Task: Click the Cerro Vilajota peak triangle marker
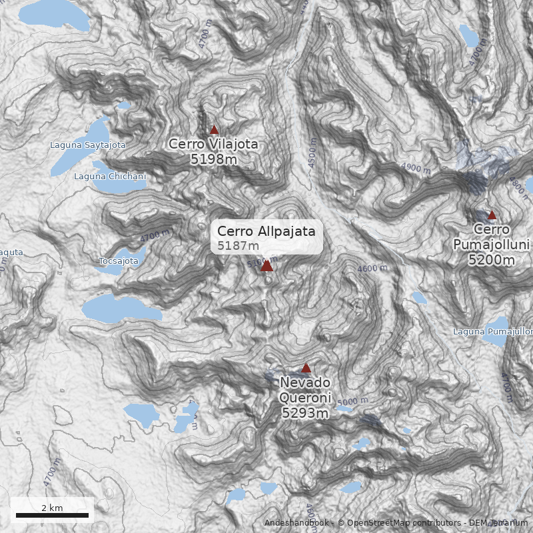pos(214,130)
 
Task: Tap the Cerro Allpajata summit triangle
pos(266,266)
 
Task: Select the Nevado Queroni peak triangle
pos(306,368)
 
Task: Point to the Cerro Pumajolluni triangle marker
pos(492,215)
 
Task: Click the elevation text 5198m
pos(213,159)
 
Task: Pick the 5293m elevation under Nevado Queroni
pos(305,413)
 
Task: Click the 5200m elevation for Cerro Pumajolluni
pos(492,260)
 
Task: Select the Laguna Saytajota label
pos(88,145)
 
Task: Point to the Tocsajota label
pos(118,261)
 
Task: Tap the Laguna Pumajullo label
pos(493,331)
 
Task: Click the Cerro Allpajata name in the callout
pos(266,231)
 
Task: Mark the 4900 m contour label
pos(416,169)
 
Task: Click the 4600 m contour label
pos(372,268)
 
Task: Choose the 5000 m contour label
pos(352,402)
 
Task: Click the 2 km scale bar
pos(52,514)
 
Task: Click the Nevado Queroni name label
pos(305,390)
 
